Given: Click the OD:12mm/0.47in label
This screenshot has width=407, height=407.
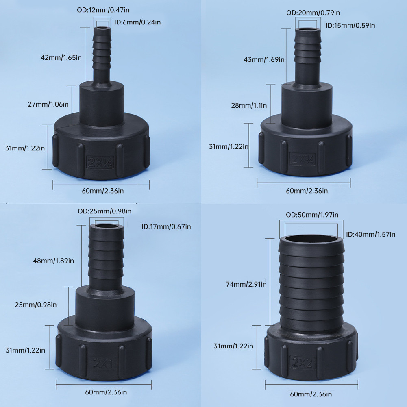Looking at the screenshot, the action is [103, 10].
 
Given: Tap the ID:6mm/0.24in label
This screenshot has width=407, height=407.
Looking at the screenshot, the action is [137, 22].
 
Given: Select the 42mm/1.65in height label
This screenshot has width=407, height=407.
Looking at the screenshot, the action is [61, 57].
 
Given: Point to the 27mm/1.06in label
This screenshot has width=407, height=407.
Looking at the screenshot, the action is [48, 104].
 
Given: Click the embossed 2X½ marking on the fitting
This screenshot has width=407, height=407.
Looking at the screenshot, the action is [100, 162].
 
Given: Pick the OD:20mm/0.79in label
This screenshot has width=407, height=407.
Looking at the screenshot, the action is [313, 13].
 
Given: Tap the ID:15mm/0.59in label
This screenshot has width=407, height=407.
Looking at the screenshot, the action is [350, 26].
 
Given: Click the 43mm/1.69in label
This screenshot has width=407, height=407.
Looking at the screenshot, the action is [264, 60].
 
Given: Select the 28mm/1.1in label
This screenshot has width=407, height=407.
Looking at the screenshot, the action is [249, 106].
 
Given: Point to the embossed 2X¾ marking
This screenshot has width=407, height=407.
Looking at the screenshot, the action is [303, 159].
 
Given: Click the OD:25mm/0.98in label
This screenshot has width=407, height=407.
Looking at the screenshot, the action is [104, 211].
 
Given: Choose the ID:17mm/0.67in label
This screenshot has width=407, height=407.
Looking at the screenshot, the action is [166, 227].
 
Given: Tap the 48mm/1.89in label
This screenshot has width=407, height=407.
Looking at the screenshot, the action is [54, 261].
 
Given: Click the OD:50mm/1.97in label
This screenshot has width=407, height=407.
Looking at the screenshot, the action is [312, 215].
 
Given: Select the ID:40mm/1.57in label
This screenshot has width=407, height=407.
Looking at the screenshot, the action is [371, 235].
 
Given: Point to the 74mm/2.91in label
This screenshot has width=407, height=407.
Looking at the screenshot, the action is [246, 285].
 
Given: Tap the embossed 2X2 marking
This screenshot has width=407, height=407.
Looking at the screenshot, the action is [303, 362].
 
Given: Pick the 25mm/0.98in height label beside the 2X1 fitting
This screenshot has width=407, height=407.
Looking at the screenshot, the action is [35, 305].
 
